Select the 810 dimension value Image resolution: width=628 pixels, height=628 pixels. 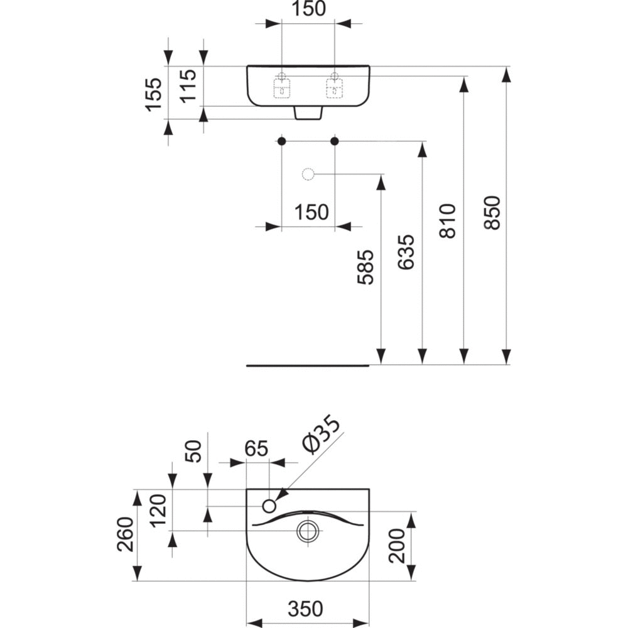pyautogui.click(x=448, y=220)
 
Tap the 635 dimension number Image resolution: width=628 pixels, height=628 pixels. pyautogui.click(x=407, y=252)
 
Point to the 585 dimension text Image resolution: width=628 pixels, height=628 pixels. pyautogui.click(x=366, y=268)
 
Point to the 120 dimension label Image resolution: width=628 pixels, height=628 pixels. pyautogui.click(x=159, y=512)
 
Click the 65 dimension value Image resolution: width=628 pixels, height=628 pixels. pyautogui.click(x=256, y=449)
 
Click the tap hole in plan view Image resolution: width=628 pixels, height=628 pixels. pyautogui.click(x=270, y=506)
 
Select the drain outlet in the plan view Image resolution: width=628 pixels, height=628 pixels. pyautogui.click(x=308, y=531)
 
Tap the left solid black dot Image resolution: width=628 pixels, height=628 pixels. pyautogui.click(x=282, y=141)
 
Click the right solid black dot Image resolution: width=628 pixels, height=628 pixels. pyautogui.click(x=335, y=141)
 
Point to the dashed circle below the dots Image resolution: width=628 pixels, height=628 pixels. pyautogui.click(x=308, y=174)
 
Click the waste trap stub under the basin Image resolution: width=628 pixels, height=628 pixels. pyautogui.click(x=308, y=112)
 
